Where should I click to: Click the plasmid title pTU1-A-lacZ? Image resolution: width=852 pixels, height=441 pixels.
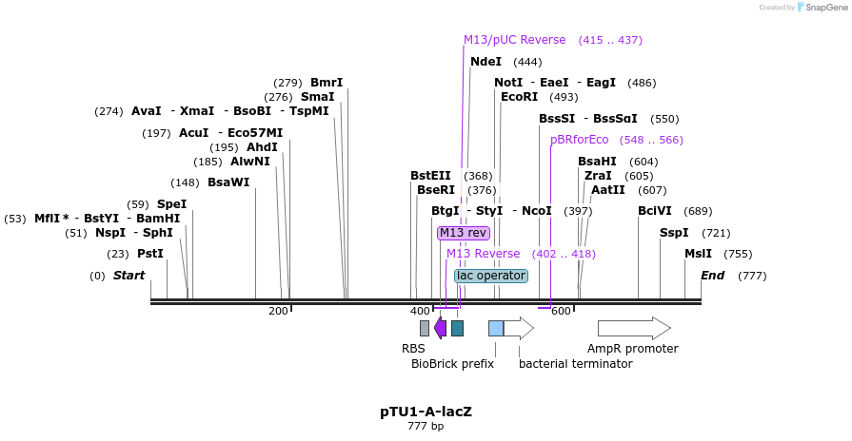pos(426,412)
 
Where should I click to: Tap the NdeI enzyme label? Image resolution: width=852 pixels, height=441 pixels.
pos(485,62)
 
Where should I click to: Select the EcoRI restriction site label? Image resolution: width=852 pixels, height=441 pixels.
pos(519,97)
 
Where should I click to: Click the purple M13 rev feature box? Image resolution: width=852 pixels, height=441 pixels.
pos(464,233)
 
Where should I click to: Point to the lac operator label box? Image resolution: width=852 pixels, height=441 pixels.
pos(490,276)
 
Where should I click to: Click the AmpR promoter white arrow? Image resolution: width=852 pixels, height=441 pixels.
pos(634,328)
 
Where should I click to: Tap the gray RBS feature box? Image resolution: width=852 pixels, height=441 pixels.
pos(425,328)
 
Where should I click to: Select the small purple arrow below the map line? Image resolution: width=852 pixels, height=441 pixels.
pos(440,328)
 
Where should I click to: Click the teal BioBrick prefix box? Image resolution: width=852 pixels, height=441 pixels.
pos(458,328)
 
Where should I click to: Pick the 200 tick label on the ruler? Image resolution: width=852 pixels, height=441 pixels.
pos(278,311)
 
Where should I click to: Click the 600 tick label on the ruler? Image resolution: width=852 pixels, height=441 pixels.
pos(560,311)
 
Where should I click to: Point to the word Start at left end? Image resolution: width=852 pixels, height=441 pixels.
pos(129,276)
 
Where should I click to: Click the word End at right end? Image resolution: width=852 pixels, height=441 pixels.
pos(713,276)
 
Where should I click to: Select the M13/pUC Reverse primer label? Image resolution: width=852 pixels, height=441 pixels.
pos(514,40)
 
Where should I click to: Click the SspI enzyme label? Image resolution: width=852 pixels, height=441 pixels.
pos(674,233)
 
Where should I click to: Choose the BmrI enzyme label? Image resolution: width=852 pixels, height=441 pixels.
pos(327,83)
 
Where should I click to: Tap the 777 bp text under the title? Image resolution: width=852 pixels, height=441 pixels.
pos(426,427)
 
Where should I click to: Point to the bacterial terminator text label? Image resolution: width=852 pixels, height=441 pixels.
pos(575,363)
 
